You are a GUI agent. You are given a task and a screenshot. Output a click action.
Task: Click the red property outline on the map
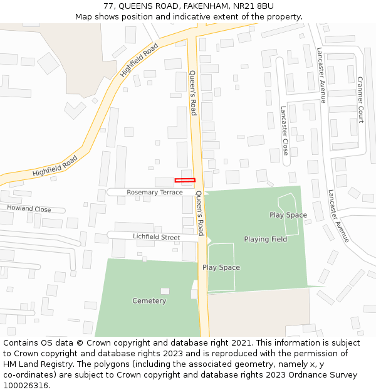tap(185, 181)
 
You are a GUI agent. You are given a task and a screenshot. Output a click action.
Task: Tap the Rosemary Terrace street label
tap(154, 193)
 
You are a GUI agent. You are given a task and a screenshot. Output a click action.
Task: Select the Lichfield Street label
tap(156, 238)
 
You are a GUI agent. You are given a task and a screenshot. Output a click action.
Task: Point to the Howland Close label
tap(29, 209)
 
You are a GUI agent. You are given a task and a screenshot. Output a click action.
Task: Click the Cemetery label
tap(149, 301)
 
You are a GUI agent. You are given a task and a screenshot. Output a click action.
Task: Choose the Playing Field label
tap(265, 239)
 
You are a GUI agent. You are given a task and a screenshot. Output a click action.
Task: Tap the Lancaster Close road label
tap(285, 130)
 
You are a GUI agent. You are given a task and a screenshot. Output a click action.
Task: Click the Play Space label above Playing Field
tap(288, 215)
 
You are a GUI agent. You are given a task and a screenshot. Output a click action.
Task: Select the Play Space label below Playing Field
tap(221, 268)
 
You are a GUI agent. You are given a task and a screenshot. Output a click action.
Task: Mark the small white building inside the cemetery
tap(165, 291)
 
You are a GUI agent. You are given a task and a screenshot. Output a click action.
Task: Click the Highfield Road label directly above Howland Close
tap(55, 166)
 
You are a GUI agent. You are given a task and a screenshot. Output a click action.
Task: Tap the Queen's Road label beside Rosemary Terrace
tap(199, 213)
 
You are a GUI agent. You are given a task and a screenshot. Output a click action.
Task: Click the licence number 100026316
tap(26, 386)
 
